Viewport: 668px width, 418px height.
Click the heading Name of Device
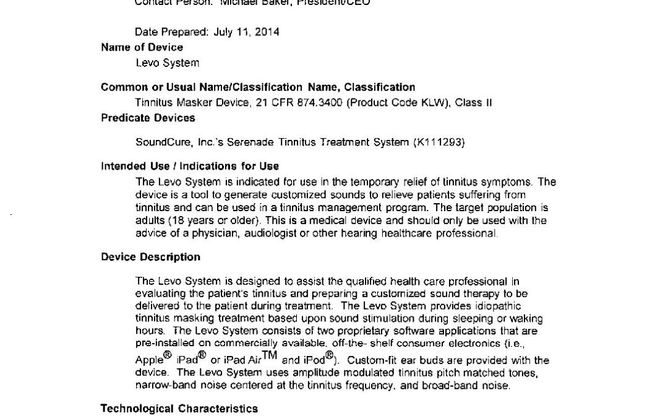[x=142, y=47]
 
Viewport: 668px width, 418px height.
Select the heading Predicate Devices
[x=148, y=118]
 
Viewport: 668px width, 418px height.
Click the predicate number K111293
[x=439, y=142]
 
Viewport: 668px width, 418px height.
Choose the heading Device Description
[x=150, y=257]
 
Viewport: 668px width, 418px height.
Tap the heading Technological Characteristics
[x=179, y=409]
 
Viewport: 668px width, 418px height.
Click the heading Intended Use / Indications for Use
[x=189, y=166]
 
